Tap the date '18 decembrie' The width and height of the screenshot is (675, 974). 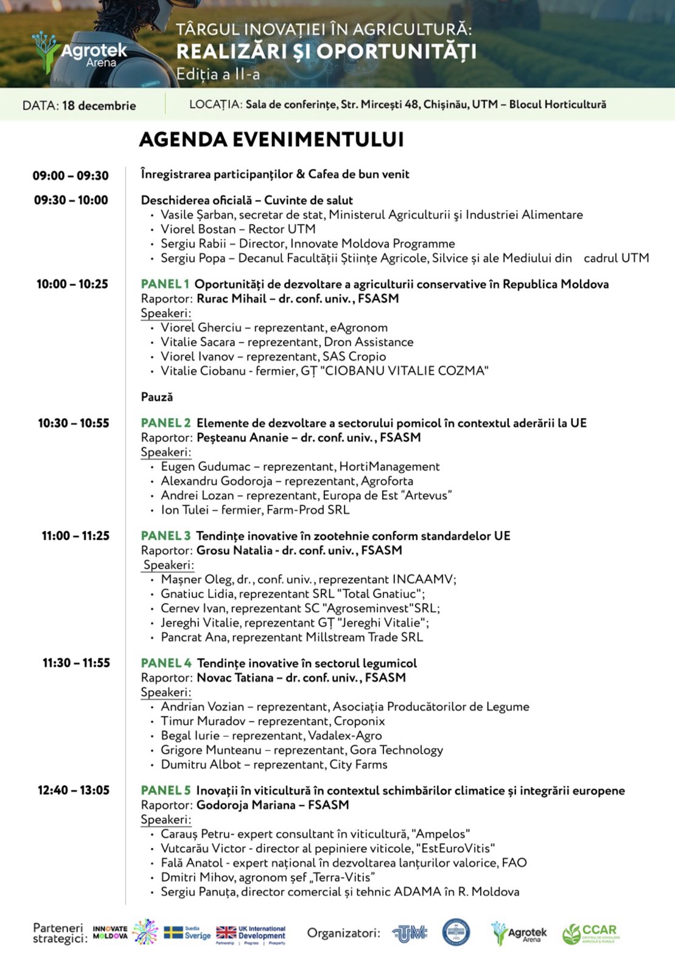[x=99, y=105]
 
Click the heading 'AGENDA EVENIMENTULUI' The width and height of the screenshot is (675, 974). [x=271, y=139]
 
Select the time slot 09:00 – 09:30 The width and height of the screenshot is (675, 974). [x=71, y=176]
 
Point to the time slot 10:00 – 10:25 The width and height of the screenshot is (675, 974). [x=72, y=284]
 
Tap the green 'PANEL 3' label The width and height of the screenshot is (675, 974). [x=166, y=536]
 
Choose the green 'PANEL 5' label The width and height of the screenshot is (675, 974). [x=166, y=791]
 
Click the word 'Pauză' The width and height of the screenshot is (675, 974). [x=157, y=397]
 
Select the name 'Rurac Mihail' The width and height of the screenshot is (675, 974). [x=232, y=299]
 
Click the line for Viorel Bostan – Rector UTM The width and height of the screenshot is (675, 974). [x=238, y=229]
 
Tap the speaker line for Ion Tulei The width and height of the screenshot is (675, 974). [x=255, y=510]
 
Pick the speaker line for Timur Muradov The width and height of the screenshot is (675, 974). [x=273, y=721]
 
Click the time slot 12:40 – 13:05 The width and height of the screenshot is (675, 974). [x=74, y=791]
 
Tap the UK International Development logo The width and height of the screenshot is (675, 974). [x=251, y=933]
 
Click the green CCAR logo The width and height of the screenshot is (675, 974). [x=591, y=933]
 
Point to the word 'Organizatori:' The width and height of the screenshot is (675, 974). [x=343, y=933]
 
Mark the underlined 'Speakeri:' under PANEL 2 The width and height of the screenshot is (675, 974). [x=166, y=452]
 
